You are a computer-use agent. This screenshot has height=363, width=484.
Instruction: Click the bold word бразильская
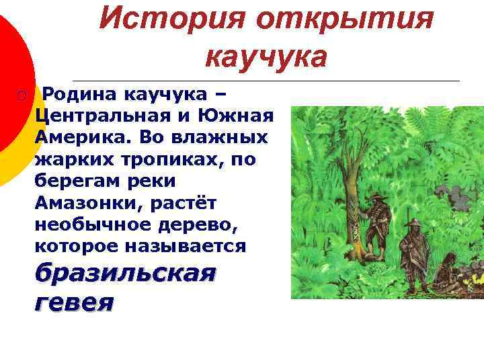tap(125, 275)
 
